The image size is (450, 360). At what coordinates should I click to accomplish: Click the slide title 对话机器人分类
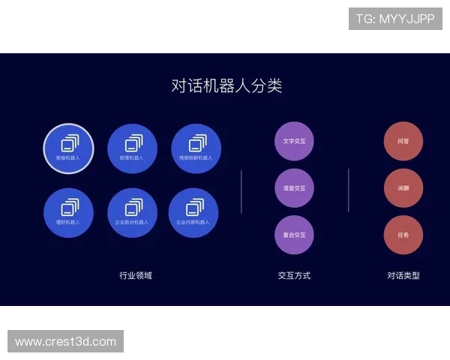pos(226,85)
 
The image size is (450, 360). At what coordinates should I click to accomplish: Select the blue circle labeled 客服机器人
pos(68,148)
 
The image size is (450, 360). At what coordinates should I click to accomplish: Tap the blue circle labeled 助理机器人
pos(132,148)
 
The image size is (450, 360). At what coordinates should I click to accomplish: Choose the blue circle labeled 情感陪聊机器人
pos(196,148)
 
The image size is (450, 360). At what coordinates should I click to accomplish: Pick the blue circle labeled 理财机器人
pos(68,212)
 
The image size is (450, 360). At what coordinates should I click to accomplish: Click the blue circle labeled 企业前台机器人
pos(132,212)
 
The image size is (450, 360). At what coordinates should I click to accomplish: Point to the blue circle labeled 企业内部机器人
pos(193,212)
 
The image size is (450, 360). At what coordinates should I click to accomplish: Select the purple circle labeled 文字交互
pos(294,141)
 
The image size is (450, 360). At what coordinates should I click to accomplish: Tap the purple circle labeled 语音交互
pos(294,188)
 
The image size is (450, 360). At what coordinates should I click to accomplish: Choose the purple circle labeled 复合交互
pos(294,235)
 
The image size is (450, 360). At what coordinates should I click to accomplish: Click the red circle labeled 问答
pos(403,141)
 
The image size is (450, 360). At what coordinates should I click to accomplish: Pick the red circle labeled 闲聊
pos(403,188)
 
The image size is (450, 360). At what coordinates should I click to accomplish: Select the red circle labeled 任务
pos(403,235)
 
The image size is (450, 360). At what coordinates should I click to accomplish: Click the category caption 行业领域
pos(136,275)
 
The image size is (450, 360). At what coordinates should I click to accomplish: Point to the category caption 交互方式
pos(294,275)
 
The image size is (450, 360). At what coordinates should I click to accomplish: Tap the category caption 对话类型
pos(403,275)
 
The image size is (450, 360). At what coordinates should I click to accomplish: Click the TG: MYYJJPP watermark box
pos(395,19)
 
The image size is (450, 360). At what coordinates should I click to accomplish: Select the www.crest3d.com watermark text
pos(66,342)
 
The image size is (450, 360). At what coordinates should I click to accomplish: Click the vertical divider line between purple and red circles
pos(349,190)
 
